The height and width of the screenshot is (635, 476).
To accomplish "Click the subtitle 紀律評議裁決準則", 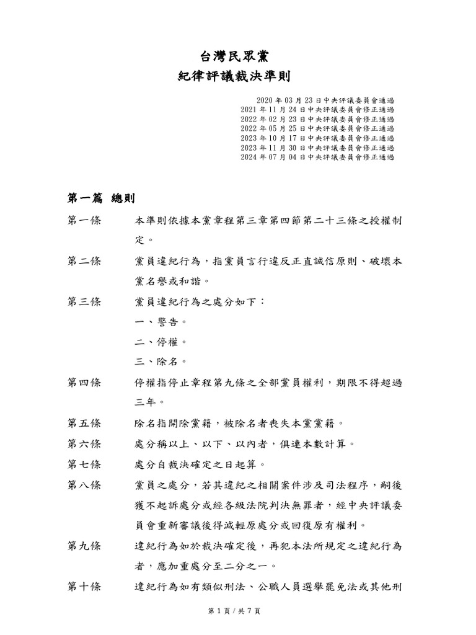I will pos(234,77).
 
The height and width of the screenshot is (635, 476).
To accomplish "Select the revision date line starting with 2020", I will pos(325,100).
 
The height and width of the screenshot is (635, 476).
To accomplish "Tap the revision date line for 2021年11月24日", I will pos(317,109).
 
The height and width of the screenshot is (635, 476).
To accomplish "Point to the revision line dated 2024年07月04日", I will pos(317,158).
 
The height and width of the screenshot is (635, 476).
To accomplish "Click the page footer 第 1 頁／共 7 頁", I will pos(234,611).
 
